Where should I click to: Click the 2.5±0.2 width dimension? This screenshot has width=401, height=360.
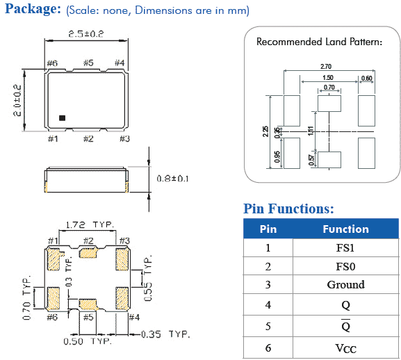pyautogui.click(x=86, y=34)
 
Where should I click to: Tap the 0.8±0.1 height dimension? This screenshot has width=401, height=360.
pyautogui.click(x=172, y=179)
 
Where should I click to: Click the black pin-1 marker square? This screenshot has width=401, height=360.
pyautogui.click(x=62, y=118)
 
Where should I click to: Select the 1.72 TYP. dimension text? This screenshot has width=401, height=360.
pyautogui.click(x=90, y=224)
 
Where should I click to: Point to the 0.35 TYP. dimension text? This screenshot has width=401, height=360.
pyautogui.click(x=165, y=334)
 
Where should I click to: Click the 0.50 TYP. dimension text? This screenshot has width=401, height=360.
pyautogui.click(x=88, y=341)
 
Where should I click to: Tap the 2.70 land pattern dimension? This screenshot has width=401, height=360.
pyautogui.click(x=326, y=67)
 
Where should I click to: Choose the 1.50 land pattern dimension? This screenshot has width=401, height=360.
pyautogui.click(x=328, y=77)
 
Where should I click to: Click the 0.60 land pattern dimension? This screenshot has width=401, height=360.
pyautogui.click(x=367, y=78)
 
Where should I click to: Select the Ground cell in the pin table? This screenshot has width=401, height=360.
pyautogui.click(x=346, y=284)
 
